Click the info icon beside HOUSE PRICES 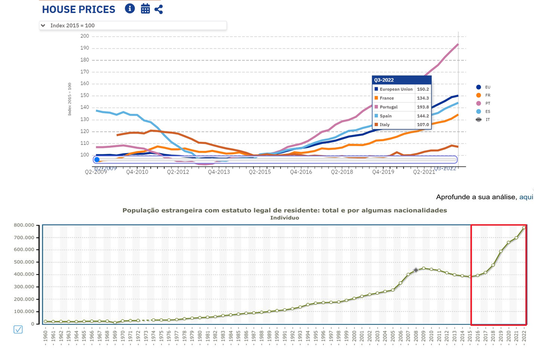point(130,9)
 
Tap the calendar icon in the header point(145,9)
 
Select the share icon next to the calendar point(158,9)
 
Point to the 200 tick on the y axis point(85,36)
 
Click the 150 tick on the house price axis point(85,96)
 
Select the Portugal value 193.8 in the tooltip point(423,107)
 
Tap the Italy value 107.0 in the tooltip point(423,125)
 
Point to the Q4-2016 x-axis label point(301,171)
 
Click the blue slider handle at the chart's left point(96,160)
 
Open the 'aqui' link point(526,197)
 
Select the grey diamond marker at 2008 point(416,270)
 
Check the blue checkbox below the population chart point(18,330)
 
